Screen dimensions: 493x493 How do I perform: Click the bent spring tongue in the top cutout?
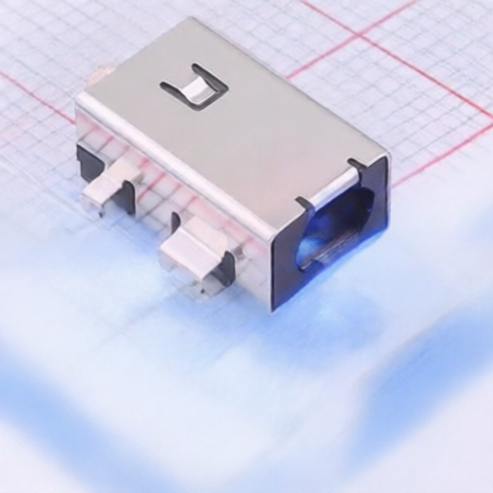point(196,89)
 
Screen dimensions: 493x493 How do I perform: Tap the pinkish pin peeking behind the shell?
point(100,71)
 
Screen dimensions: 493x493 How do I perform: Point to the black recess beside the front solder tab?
point(223,268)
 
